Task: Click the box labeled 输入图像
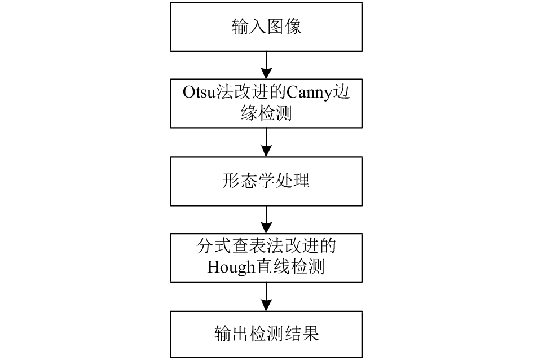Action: tap(266, 27)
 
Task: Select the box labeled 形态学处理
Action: tap(266, 181)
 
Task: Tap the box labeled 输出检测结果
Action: tap(266, 334)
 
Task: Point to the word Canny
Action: tap(309, 93)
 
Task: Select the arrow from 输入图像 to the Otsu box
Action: tap(266, 65)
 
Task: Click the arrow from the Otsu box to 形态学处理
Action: tap(266, 142)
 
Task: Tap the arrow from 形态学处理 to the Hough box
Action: tap(266, 219)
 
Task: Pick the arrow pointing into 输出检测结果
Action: tap(266, 297)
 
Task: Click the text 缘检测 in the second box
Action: tap(266, 112)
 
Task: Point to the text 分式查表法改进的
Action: tap(266, 246)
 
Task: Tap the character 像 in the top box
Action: tap(293, 27)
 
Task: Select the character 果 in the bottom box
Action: tap(310, 333)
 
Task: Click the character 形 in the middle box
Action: tap(231, 181)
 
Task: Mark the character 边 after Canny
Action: tap(341, 92)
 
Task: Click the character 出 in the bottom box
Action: tap(240, 333)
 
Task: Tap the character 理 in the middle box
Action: tap(301, 181)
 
